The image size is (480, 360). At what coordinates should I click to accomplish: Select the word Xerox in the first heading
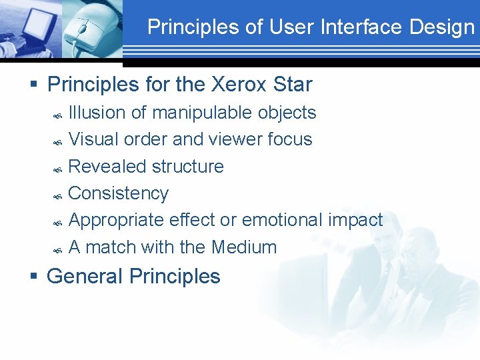pos(239,85)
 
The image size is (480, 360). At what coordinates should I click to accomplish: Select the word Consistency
pos(119,193)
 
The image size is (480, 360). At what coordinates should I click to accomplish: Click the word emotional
pos(285,220)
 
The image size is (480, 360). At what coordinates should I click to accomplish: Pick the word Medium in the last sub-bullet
pos(244,247)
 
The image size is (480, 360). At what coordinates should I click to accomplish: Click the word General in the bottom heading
pos(85,276)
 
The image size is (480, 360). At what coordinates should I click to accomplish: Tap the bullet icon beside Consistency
pos(58,196)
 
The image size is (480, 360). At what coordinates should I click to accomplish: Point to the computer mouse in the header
pos(86,30)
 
